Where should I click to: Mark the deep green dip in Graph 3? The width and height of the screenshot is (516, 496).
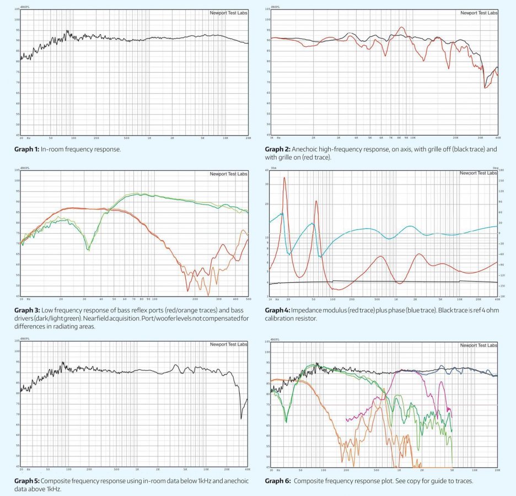(88, 250)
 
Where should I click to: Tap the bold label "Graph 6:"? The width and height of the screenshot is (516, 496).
(278, 481)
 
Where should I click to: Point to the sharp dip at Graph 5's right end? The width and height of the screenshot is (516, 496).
(241, 418)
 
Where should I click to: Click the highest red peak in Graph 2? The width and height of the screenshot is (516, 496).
(401, 28)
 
